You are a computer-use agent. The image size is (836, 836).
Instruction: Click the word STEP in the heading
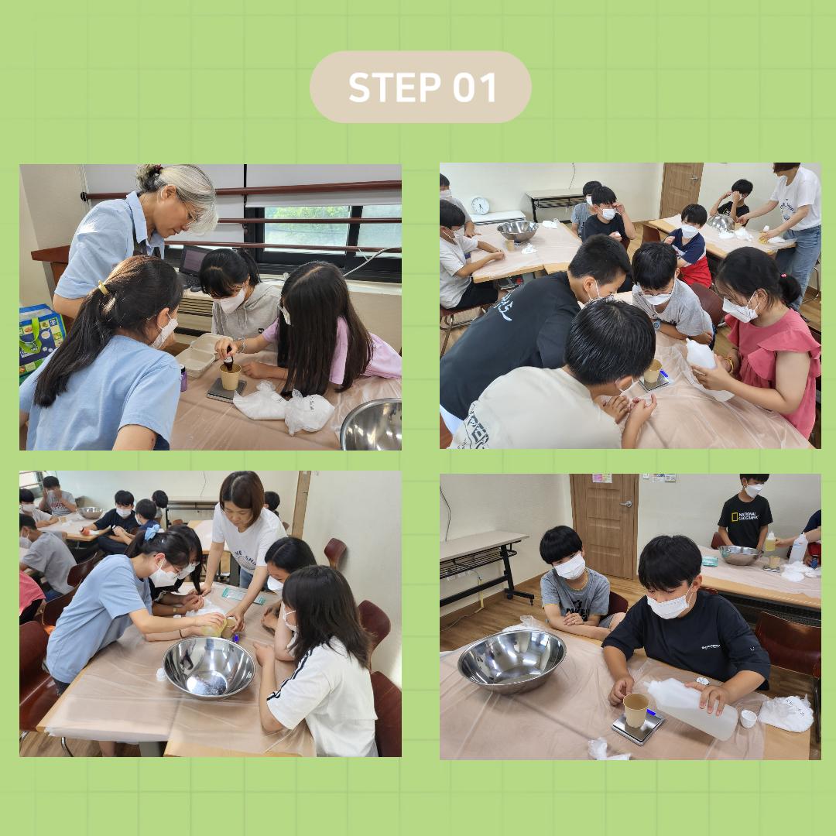coord(395,87)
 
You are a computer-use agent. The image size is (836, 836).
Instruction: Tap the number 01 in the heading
coord(475,87)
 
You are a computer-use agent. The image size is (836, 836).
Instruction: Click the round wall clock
coord(480,205)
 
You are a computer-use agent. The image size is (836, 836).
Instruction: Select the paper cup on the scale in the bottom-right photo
coord(636,710)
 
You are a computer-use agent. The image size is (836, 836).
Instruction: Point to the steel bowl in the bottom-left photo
coord(209,668)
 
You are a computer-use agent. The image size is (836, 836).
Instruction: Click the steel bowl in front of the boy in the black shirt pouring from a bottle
coord(512,660)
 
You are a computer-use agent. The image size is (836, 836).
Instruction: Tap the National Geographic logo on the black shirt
coord(745,516)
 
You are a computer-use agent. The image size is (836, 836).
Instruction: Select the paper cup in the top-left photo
coord(231,376)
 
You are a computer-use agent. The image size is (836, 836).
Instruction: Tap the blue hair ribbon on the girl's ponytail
coord(152,532)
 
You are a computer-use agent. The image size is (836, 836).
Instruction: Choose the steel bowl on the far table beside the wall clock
coord(518,231)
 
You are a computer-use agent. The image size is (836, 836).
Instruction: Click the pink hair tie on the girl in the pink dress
coord(783,277)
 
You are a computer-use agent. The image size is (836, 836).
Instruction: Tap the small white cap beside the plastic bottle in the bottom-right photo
coord(749,718)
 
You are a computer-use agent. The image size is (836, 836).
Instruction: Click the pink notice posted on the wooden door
coord(601,478)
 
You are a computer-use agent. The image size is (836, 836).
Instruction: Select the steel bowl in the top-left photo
coord(372,425)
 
